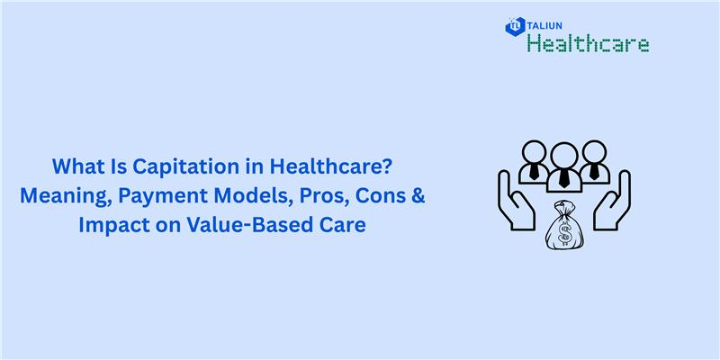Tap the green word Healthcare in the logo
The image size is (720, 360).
coord(588,43)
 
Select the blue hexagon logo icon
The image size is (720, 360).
coord(516,27)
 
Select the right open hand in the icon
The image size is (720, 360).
coord(615,198)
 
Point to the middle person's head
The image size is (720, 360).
coord(563,154)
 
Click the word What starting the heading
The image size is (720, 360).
coord(73,167)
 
